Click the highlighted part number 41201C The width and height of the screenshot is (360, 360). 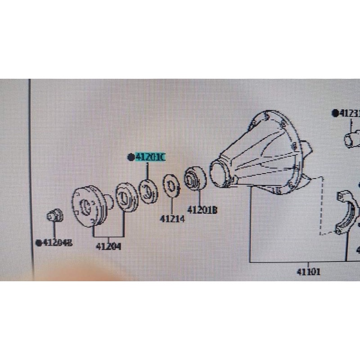coord(151,157)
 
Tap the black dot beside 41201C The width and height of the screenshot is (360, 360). coord(131,157)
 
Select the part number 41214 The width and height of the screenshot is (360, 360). coord(172,219)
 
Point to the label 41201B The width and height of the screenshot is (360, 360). coord(202,210)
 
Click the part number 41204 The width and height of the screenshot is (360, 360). coord(108,247)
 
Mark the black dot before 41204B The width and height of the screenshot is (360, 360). coord(39,243)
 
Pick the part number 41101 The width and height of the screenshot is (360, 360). coord(309,271)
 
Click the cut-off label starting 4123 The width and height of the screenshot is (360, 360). coord(349,113)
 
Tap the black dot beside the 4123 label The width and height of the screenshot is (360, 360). coord(335,113)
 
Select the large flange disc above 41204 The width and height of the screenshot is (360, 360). coord(88,205)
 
